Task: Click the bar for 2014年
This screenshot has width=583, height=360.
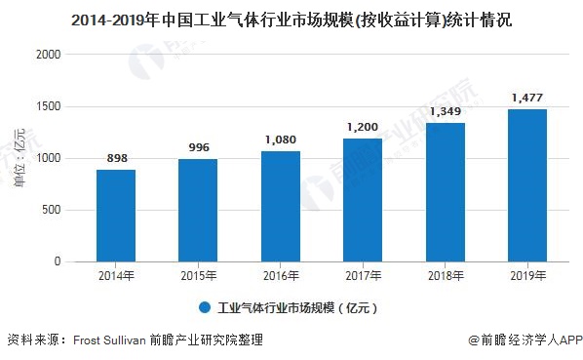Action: pyautogui.click(x=116, y=216)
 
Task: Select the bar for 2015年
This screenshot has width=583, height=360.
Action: pyautogui.click(x=198, y=211)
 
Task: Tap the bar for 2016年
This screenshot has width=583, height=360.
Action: pyautogui.click(x=281, y=207)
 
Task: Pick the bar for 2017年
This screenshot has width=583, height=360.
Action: pyautogui.click(x=363, y=200)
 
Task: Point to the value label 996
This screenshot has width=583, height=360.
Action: pyautogui.click(x=198, y=149)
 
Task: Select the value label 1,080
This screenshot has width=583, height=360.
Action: pyautogui.click(x=281, y=140)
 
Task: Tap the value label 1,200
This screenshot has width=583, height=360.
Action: pyautogui.click(x=363, y=128)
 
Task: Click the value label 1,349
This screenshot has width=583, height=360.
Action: pyautogui.click(x=445, y=112)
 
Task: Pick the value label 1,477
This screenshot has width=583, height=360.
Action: pyautogui.click(x=526, y=99)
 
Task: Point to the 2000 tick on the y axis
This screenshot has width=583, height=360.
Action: pyautogui.click(x=49, y=55)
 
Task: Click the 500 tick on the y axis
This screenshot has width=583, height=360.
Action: pyautogui.click(x=53, y=210)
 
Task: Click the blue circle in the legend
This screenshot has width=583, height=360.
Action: pyautogui.click(x=205, y=307)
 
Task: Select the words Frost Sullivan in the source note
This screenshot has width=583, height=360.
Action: pyautogui.click(x=110, y=340)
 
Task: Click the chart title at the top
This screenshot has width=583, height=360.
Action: pyautogui.click(x=292, y=19)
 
